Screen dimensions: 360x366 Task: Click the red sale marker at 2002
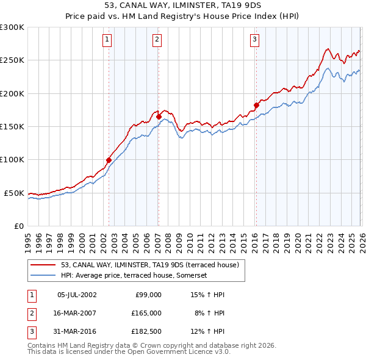pyautogui.click(x=109, y=160)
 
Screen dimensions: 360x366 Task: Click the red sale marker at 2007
pyautogui.click(x=159, y=116)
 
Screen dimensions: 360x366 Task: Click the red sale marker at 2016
pyautogui.click(x=256, y=104)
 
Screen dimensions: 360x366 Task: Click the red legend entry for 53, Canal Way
pyautogui.click(x=152, y=264)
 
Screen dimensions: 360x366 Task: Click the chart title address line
pyautogui.click(x=183, y=8)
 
